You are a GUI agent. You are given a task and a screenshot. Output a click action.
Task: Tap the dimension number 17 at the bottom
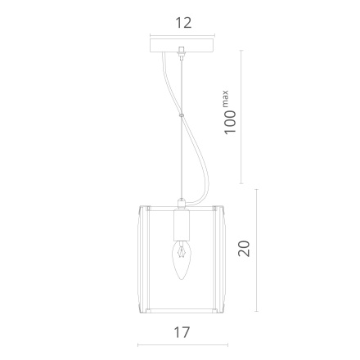pyautogui.click(x=182, y=332)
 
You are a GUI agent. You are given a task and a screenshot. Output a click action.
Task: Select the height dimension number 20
pyautogui.click(x=243, y=249)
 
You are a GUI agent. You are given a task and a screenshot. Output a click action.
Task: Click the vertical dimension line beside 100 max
pyautogui.click(x=241, y=115)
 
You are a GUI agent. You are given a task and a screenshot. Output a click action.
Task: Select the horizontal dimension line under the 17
pyautogui.click(x=182, y=345)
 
